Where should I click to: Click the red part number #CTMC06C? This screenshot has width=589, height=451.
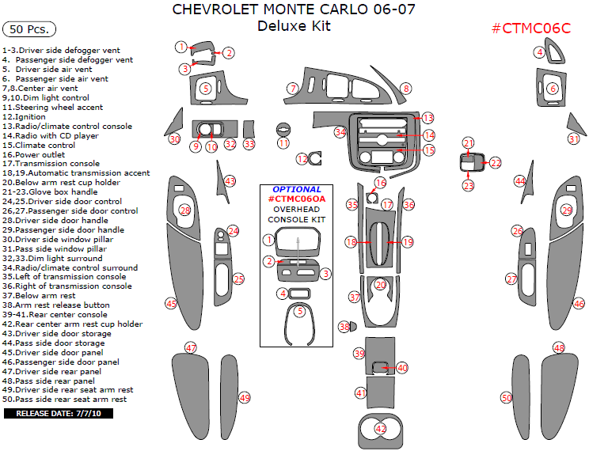(x=531, y=28)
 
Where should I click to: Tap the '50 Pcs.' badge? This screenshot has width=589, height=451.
(x=29, y=29)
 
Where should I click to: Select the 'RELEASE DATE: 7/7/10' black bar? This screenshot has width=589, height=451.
(x=59, y=413)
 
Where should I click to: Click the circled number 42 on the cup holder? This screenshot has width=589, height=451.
(x=381, y=428)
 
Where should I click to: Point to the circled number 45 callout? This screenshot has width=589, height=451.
(x=171, y=303)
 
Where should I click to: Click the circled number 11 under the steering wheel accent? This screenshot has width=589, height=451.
(x=283, y=143)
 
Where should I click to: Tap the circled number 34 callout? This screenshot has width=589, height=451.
(x=340, y=132)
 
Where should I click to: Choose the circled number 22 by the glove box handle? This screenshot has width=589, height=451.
(x=496, y=163)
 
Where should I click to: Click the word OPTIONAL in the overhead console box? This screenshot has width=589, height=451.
(x=297, y=190)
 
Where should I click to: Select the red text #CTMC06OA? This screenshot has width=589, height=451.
(x=297, y=199)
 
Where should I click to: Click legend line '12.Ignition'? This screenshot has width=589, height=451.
(x=25, y=117)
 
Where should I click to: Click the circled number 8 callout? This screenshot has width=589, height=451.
(x=405, y=89)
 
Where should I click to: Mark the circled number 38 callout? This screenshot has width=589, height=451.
(x=344, y=326)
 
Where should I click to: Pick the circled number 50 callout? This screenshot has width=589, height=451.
(x=507, y=398)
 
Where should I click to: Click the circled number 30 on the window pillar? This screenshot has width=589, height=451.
(x=175, y=139)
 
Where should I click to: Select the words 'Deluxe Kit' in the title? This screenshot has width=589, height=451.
(x=294, y=26)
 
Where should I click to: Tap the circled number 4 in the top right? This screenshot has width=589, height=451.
(x=539, y=52)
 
